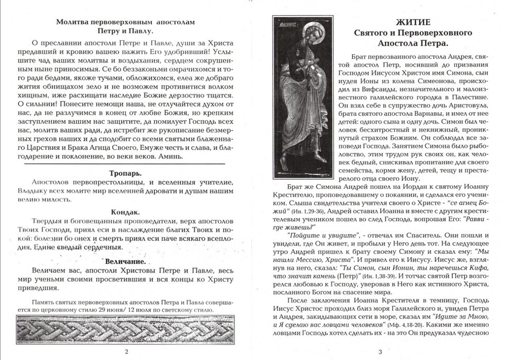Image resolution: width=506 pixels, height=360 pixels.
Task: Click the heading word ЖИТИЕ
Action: click(412, 22)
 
